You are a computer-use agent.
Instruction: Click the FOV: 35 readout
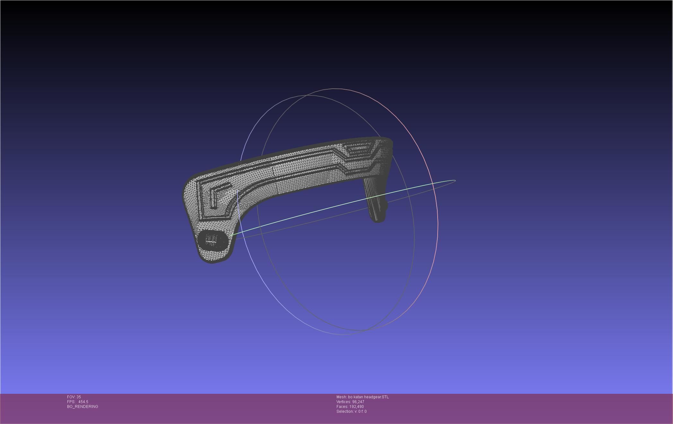[x=74, y=397]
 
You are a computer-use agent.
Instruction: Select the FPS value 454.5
[x=83, y=402]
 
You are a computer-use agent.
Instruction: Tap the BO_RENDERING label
[x=83, y=407]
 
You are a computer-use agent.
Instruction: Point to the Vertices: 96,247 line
[x=350, y=402]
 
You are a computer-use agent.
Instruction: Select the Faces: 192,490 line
[x=350, y=407]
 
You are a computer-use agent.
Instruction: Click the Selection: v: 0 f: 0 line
[x=351, y=411]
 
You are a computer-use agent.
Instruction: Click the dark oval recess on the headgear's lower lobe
[x=212, y=240]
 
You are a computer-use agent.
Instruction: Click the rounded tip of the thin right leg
[x=378, y=220]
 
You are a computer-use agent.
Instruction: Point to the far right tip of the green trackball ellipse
[x=455, y=181]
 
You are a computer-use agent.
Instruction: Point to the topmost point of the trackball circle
[x=336, y=89]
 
